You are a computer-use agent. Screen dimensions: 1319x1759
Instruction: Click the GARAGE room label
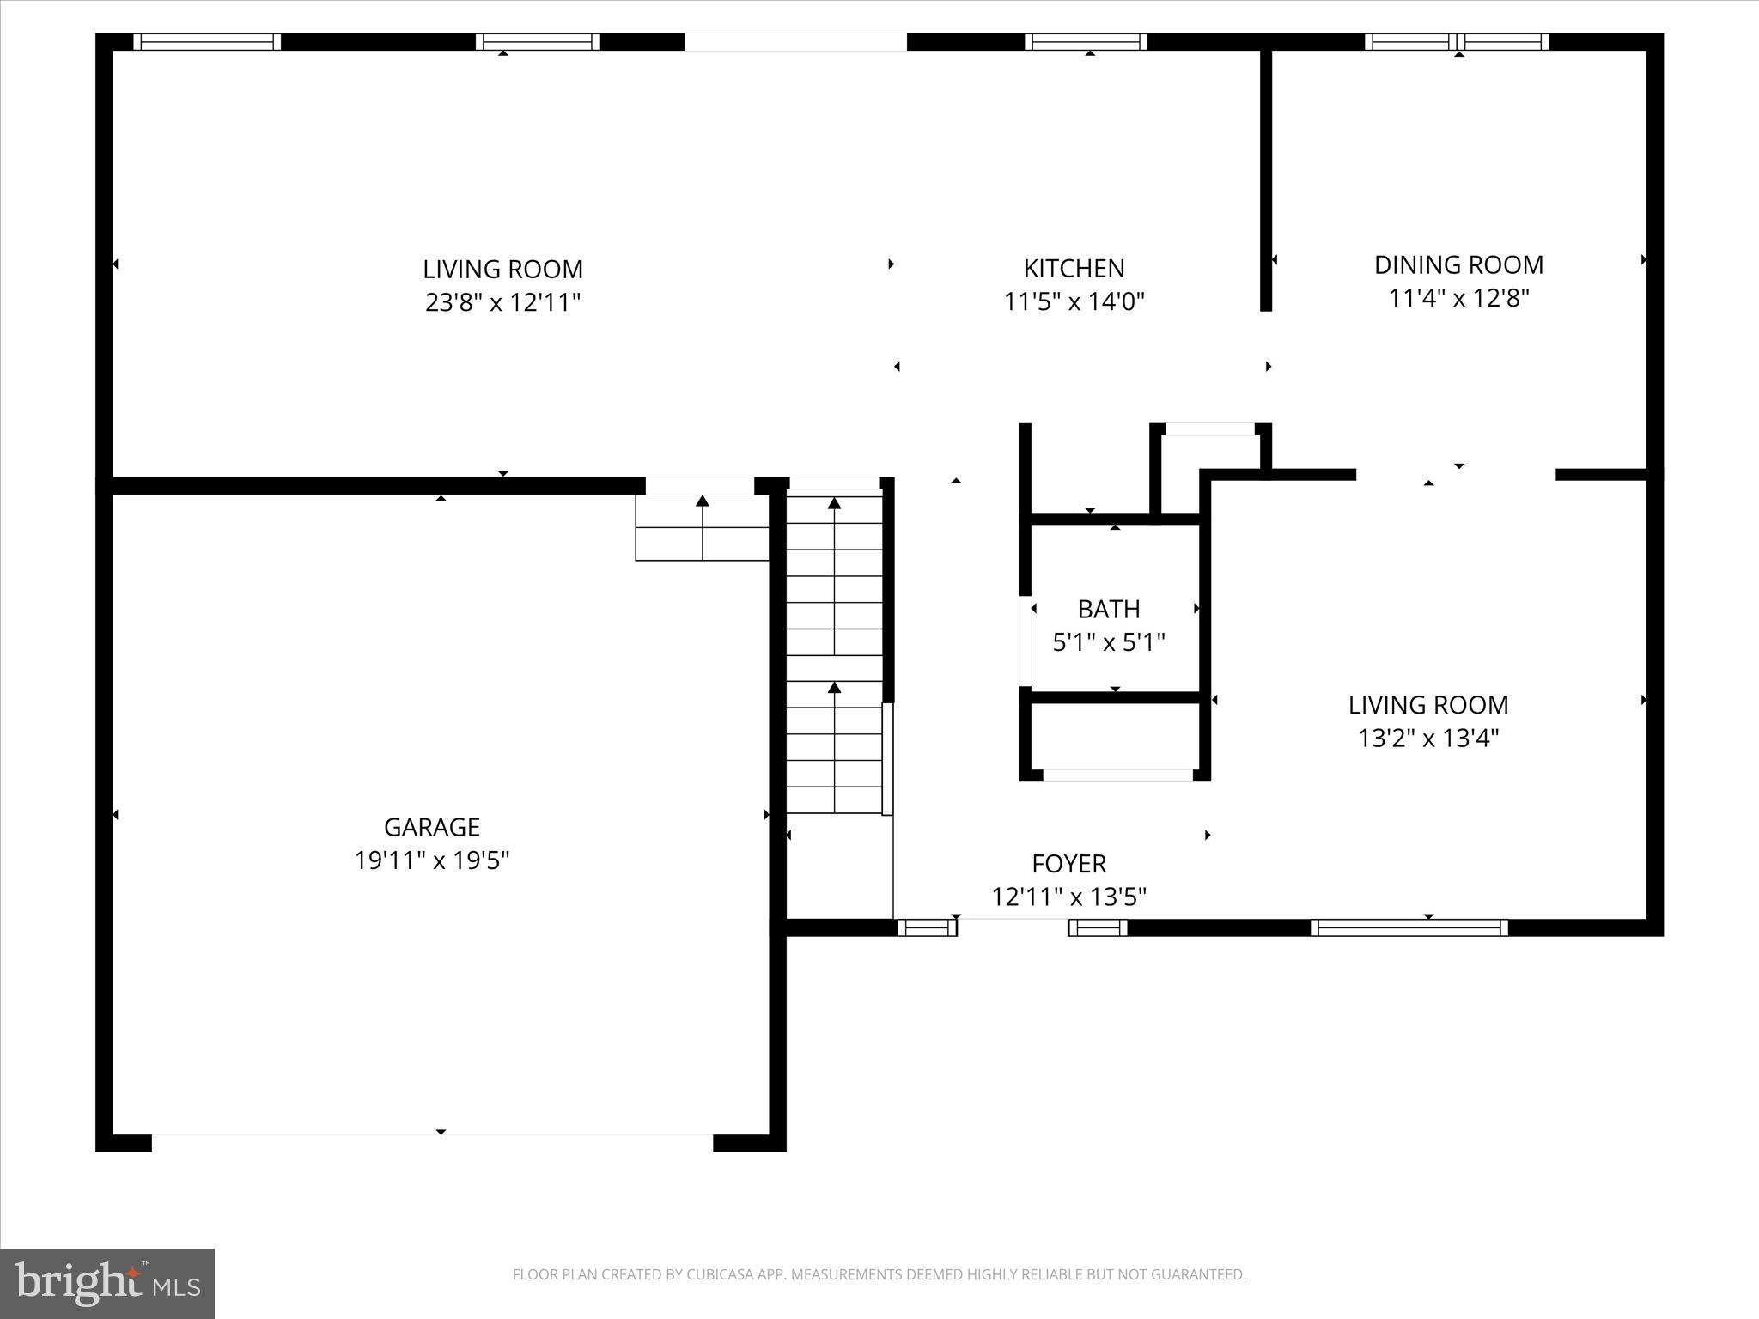click(x=431, y=827)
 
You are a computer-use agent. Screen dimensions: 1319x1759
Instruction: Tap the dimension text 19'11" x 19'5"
click(x=432, y=860)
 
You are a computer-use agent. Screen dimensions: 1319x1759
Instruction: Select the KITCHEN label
click(x=1074, y=269)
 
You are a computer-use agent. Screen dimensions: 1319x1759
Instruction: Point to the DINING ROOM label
click(x=1458, y=265)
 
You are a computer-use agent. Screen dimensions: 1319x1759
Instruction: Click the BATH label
click(x=1109, y=610)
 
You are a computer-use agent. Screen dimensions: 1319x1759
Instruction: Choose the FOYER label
click(x=1068, y=864)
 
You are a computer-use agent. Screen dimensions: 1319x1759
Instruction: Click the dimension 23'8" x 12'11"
click(x=502, y=303)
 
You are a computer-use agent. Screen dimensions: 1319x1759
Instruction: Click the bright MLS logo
click(x=107, y=1284)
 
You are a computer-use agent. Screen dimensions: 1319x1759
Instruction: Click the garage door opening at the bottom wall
click(x=432, y=1142)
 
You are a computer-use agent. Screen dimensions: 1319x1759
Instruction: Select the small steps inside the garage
click(x=702, y=528)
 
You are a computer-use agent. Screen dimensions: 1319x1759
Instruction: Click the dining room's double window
click(x=1457, y=42)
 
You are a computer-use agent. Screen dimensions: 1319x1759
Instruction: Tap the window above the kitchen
click(x=1086, y=42)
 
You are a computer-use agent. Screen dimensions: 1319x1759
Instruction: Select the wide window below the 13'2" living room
click(x=1409, y=927)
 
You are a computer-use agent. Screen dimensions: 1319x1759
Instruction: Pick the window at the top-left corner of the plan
click(x=207, y=42)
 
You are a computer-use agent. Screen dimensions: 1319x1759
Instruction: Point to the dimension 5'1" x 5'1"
click(x=1109, y=642)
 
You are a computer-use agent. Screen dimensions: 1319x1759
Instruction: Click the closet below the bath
click(x=1115, y=736)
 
